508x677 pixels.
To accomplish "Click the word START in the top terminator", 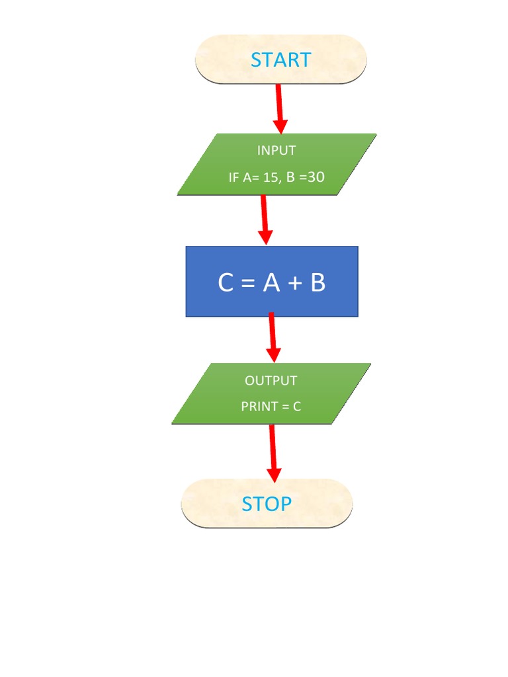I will pyautogui.click(x=280, y=60).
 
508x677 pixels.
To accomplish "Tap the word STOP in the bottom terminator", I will pyautogui.click(x=267, y=504).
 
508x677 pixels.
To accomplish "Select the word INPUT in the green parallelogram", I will pyautogui.click(x=276, y=151).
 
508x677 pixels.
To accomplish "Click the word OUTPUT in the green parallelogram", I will pyautogui.click(x=271, y=381).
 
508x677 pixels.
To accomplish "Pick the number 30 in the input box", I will pyautogui.click(x=316, y=177).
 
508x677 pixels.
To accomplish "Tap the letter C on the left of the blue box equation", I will pyautogui.click(x=226, y=283).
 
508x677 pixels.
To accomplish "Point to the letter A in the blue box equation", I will pyautogui.click(x=271, y=283).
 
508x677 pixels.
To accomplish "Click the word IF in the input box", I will pyautogui.click(x=234, y=177).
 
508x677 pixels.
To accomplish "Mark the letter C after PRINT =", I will pyautogui.click(x=297, y=407).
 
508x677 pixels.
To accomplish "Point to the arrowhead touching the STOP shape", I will pyautogui.click(x=274, y=474).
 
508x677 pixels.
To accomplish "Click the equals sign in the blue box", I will pyautogui.click(x=248, y=284).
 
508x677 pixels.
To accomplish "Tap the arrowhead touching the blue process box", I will pyautogui.click(x=265, y=237).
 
